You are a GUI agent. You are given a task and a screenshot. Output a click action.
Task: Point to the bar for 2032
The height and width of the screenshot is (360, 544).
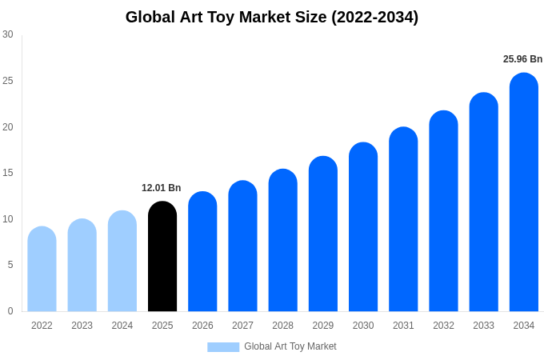[x=443, y=211]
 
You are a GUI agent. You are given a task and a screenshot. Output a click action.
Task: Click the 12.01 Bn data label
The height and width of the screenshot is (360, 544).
[x=162, y=188]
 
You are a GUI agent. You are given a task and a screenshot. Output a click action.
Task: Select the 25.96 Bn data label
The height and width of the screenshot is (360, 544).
[x=522, y=59]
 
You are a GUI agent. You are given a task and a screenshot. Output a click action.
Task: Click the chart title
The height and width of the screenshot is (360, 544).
[x=272, y=17]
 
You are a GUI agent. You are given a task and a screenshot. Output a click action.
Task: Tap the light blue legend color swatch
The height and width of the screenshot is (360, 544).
[x=223, y=346]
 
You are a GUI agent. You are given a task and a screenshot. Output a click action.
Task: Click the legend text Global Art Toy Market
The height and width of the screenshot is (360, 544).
[x=290, y=346]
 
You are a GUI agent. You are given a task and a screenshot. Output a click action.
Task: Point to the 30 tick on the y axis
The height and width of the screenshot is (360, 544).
[x=8, y=34]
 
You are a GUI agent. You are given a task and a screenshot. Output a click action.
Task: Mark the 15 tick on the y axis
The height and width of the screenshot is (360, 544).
[x=8, y=173]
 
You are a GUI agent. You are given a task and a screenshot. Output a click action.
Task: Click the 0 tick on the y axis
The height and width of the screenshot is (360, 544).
[x=10, y=311]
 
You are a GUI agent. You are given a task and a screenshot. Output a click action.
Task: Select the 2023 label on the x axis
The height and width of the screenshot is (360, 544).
[x=82, y=326]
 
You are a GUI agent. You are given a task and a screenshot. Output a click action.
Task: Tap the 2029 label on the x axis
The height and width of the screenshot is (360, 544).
[x=323, y=326]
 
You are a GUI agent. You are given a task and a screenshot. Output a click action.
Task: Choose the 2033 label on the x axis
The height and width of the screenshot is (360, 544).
[x=483, y=326]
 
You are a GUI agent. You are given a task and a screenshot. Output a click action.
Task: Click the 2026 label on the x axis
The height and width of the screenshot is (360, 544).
[x=202, y=326]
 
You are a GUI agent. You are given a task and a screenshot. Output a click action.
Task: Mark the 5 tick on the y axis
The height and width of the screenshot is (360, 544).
[x=10, y=265]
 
